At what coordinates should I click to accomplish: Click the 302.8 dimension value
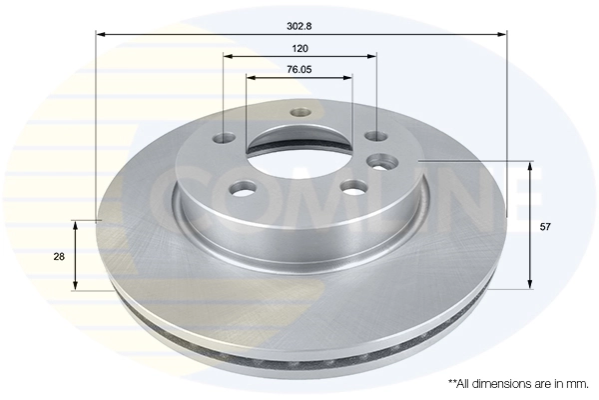299,18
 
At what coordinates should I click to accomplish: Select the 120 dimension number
299,48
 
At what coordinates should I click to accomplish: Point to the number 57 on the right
544,227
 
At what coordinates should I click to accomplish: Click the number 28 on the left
59,257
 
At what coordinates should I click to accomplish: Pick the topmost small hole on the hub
298,112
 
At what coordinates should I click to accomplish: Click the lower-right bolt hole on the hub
350,186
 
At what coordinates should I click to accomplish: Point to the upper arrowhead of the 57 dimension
529,165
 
